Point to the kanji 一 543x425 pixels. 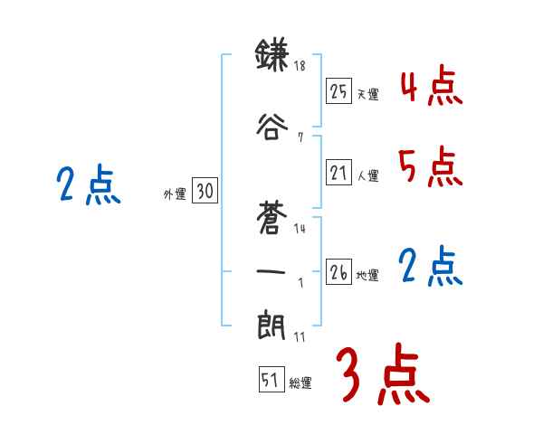coord(271,269)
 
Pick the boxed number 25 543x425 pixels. coord(338,91)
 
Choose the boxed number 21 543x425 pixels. coord(338,174)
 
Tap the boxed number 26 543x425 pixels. coord(338,272)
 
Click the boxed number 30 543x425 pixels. coord(205,191)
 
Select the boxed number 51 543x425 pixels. coord(270,381)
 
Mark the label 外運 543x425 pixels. coord(175,194)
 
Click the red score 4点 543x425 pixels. coord(432,87)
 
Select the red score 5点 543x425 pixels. coord(430,166)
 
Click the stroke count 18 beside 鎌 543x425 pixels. coord(301,66)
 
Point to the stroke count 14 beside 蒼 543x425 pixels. coord(300,229)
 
